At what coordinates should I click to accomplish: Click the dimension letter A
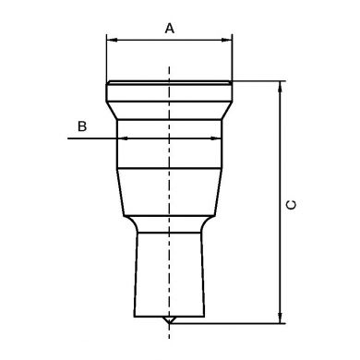170,29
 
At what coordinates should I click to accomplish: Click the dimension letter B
82,126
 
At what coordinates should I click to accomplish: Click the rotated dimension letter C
291,205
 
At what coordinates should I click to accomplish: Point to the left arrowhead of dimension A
113,40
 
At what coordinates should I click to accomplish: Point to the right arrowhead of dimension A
226,40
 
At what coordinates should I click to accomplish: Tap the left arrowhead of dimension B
123,138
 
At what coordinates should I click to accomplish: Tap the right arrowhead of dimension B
215,138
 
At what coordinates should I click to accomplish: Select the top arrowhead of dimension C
280,87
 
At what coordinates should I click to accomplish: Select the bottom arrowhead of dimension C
280,318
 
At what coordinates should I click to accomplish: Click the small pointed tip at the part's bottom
169,320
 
